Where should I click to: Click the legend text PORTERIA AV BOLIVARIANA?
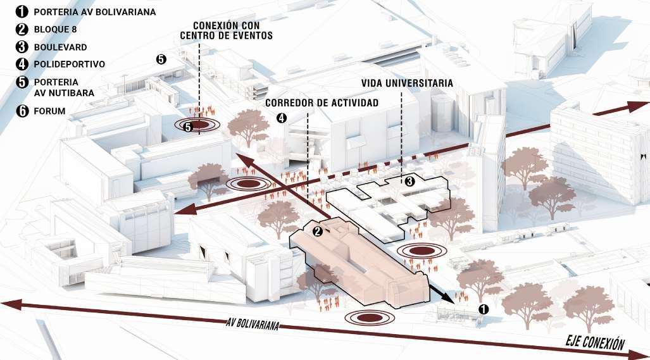click(95, 11)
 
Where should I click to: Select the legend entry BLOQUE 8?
click(56, 29)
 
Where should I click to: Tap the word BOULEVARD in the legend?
click(61, 47)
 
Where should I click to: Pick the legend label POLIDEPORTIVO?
click(70, 64)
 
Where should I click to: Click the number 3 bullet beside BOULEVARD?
click(23, 47)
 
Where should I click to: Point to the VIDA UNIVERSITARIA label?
click(407, 83)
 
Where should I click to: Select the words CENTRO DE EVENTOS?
click(226, 35)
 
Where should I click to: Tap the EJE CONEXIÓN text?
click(594, 343)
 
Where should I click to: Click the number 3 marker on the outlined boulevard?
click(409, 182)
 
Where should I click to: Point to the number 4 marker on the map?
click(282, 117)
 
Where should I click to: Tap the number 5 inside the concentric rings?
click(188, 127)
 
